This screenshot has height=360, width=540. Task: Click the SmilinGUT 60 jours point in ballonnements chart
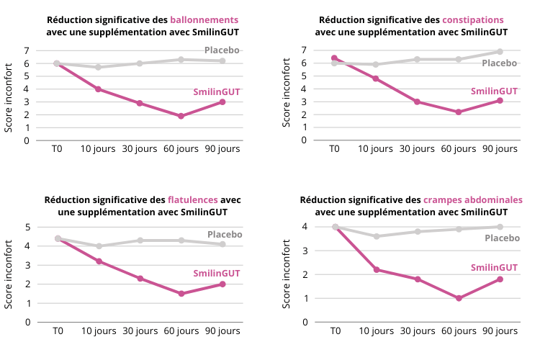[181, 116]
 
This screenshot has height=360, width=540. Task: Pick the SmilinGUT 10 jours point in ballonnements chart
[98, 89]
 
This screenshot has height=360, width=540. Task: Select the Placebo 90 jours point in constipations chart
[500, 52]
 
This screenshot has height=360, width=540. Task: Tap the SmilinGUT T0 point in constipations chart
[334, 58]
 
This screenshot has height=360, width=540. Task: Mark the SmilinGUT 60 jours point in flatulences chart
[181, 294]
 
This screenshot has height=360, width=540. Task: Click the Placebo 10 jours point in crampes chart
[376, 236]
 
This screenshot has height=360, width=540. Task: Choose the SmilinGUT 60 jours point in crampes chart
[459, 298]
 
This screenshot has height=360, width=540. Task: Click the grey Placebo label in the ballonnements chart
[222, 50]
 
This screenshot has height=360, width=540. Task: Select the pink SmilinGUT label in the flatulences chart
[217, 274]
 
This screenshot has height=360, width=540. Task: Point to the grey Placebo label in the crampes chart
[501, 238]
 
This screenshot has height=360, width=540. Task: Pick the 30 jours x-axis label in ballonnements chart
[140, 149]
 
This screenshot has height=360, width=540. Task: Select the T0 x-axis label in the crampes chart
[335, 331]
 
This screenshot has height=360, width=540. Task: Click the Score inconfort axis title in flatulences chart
[10, 274]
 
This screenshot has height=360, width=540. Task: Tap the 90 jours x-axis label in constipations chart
[500, 149]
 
